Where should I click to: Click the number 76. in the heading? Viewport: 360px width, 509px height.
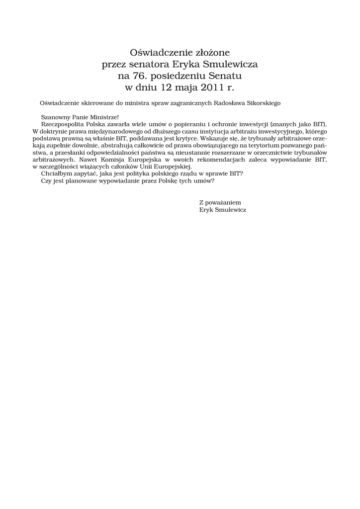(x=140, y=76)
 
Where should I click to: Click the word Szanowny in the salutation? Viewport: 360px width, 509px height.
(x=55, y=116)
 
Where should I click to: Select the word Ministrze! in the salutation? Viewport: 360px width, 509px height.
(x=106, y=116)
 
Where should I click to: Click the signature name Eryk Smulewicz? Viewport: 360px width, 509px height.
(x=222, y=210)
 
